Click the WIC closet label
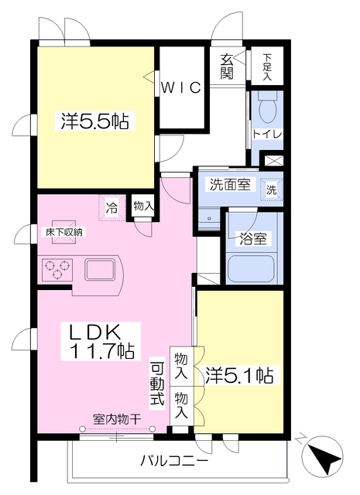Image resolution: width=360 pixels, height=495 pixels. [x=182, y=87]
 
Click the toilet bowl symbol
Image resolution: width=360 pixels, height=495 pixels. [x=268, y=111]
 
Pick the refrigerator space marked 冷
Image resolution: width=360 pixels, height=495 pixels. [x=112, y=207]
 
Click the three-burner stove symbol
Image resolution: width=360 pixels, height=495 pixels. [x=56, y=270]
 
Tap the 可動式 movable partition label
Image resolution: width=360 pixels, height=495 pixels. [x=157, y=384]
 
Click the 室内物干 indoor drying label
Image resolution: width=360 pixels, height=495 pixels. [x=116, y=419]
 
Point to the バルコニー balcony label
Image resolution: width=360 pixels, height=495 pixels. [x=174, y=462]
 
